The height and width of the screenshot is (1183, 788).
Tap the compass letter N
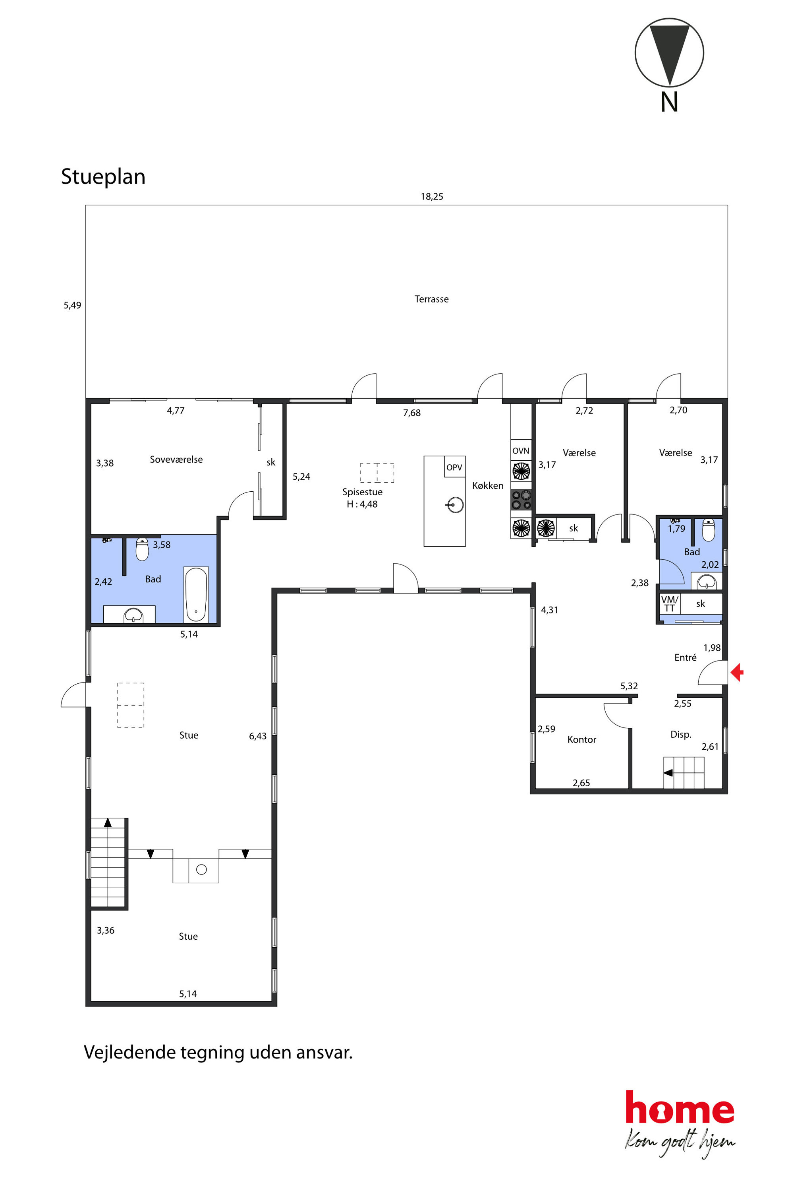669,102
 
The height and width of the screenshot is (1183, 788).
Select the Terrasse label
432,299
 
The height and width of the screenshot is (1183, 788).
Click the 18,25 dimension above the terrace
432,197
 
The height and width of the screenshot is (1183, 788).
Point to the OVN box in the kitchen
521,451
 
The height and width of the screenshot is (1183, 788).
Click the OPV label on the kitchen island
454,467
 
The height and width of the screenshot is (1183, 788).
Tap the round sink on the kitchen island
455,504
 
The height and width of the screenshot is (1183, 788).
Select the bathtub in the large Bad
196,595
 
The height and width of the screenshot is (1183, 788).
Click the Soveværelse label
176,460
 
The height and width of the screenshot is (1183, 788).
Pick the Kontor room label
582,739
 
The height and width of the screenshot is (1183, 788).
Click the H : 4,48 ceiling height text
362,504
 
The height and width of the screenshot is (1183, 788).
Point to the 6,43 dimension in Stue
258,736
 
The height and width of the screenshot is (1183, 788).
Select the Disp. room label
681,734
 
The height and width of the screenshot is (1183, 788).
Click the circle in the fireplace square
201,869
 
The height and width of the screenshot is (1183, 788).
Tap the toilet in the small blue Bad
708,530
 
